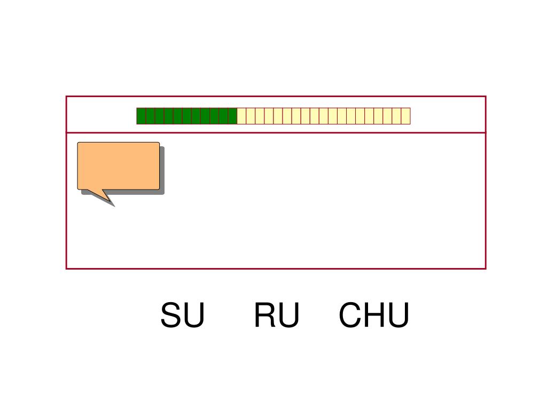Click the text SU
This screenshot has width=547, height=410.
click(182, 316)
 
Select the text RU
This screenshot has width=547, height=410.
click(276, 316)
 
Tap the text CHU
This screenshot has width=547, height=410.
click(374, 316)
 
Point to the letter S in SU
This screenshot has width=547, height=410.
click(171, 316)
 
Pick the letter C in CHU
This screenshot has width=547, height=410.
click(350, 316)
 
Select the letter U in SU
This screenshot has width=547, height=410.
click(194, 316)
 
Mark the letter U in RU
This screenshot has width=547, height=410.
click(288, 316)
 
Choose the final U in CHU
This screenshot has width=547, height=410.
click(398, 316)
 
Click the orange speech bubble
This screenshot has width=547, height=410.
click(119, 165)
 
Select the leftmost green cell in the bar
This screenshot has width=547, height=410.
click(141, 116)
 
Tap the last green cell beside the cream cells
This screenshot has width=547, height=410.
click(232, 116)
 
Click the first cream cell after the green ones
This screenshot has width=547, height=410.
click(241, 116)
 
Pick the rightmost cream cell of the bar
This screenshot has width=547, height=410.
click(405, 116)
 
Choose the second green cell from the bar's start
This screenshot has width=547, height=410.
click(150, 116)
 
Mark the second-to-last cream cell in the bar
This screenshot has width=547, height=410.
click(396, 116)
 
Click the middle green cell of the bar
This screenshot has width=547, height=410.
click(186, 116)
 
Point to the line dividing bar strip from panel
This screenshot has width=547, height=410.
click(276, 132)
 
